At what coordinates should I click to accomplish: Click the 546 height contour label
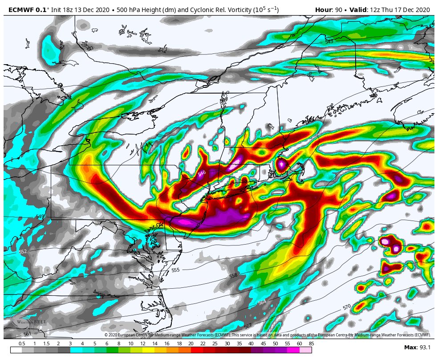point(202,173)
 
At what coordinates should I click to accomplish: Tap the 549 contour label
point(40,217)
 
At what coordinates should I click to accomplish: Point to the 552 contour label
point(23,252)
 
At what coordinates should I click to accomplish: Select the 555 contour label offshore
point(175,270)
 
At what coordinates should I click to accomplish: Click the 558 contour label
point(233,276)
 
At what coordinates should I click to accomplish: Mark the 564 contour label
point(262,303)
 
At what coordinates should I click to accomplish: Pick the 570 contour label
point(347,307)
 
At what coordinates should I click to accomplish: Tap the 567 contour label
point(248,326)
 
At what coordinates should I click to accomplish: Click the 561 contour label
point(27,334)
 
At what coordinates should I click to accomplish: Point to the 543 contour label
point(329,41)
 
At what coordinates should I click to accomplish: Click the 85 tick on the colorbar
point(311,344)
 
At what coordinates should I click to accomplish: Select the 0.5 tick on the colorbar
point(22,344)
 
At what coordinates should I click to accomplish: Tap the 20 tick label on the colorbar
point(191,344)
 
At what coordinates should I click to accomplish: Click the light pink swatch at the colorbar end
point(305,350)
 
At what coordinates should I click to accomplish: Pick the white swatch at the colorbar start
point(16,350)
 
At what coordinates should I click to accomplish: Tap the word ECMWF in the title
point(21,10)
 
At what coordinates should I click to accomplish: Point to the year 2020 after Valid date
point(421,10)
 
